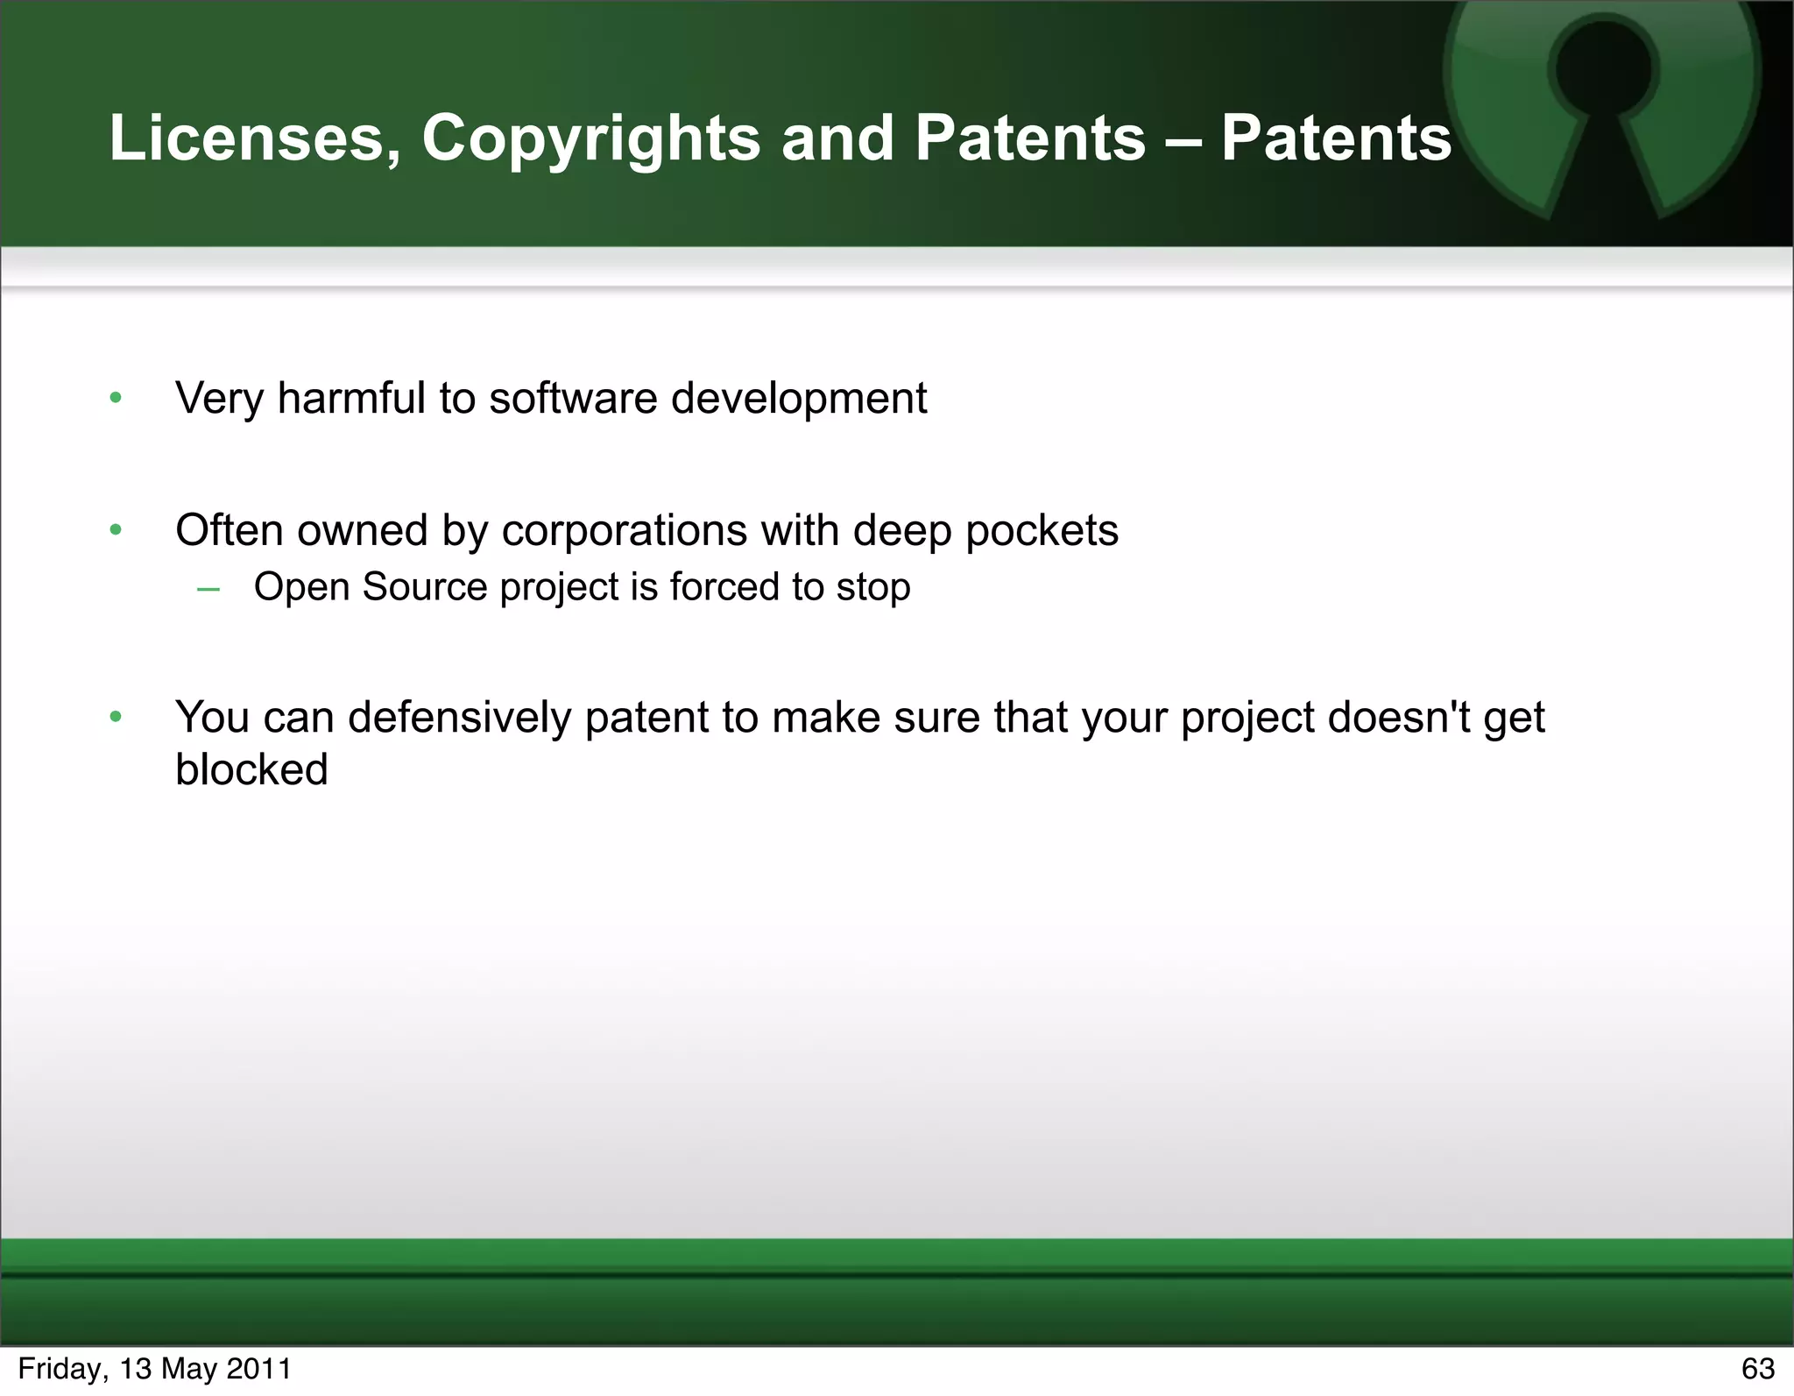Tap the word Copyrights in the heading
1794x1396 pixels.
[591, 138]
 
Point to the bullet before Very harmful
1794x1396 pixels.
[116, 399]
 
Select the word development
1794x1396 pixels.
[799, 399]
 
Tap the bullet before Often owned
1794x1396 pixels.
[116, 530]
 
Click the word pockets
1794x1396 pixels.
[1042, 531]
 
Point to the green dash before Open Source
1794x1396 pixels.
[208, 589]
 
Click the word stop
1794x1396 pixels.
[873, 588]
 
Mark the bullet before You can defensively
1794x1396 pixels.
[116, 718]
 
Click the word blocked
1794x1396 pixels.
[251, 770]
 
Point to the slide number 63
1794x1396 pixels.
[1757, 1369]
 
